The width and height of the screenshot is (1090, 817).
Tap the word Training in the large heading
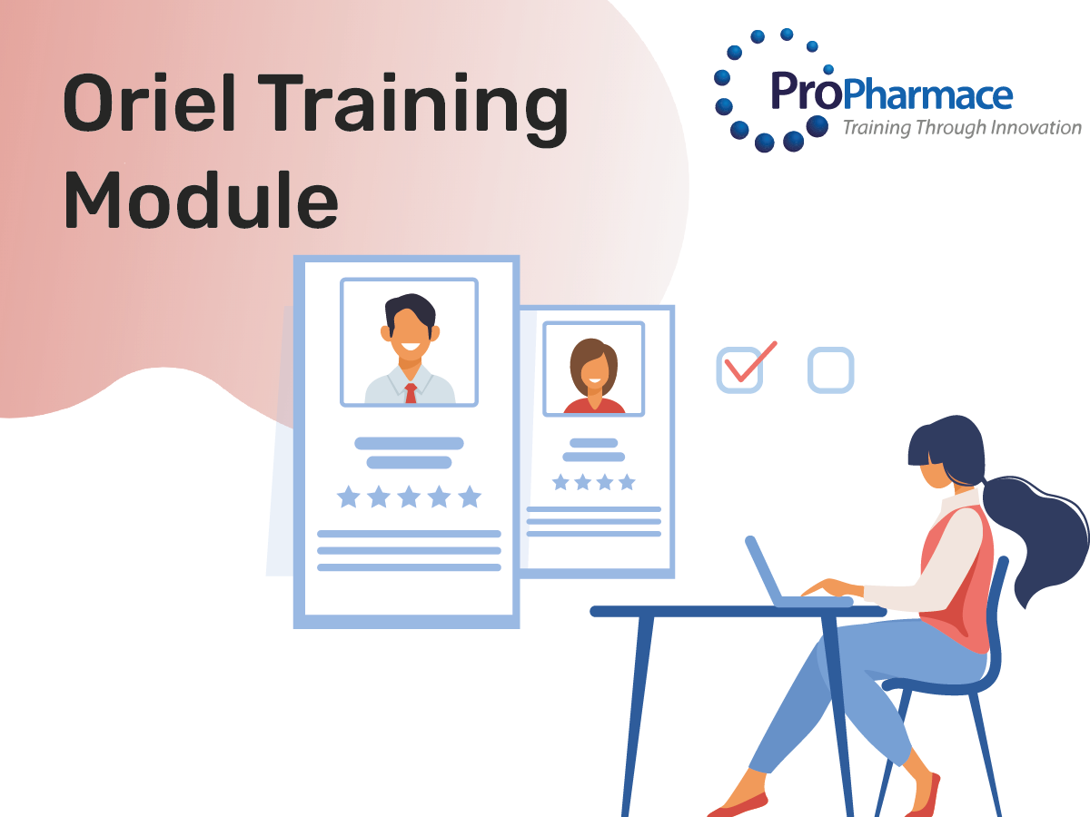pyautogui.click(x=413, y=109)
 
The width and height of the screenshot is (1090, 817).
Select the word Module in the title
pyautogui.click(x=201, y=200)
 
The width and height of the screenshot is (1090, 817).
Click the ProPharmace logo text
pyautogui.click(x=891, y=92)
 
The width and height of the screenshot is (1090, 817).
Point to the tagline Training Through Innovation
pyautogui.click(x=962, y=128)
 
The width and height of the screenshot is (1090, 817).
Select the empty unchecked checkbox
pyautogui.click(x=831, y=370)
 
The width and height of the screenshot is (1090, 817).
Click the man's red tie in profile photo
pyautogui.click(x=411, y=393)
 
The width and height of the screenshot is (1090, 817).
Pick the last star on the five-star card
pyautogui.click(x=470, y=497)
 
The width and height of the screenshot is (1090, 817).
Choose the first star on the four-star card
pyautogui.click(x=560, y=482)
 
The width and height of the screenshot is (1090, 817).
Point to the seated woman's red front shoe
pyautogui.click(x=738, y=805)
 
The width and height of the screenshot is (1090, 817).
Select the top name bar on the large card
pyautogui.click(x=409, y=443)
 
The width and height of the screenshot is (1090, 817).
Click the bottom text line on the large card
pyautogui.click(x=409, y=567)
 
